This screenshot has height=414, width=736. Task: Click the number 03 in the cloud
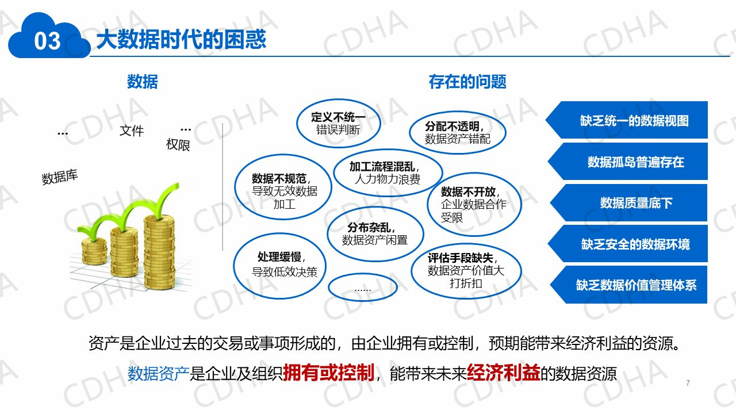(47, 41)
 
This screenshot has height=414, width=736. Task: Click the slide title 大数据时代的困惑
(181, 40)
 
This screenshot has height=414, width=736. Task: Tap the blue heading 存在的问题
(467, 82)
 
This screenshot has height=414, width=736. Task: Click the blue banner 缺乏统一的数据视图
(627, 120)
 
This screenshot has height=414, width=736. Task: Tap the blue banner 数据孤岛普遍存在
(627, 162)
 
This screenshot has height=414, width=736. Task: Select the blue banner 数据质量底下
(628, 203)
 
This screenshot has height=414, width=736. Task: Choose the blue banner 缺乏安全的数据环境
(627, 243)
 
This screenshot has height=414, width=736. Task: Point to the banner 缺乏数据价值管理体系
(628, 285)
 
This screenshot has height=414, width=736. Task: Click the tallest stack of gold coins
(159, 252)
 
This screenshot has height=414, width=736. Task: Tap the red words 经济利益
(503, 373)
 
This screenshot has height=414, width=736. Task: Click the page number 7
(688, 383)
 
